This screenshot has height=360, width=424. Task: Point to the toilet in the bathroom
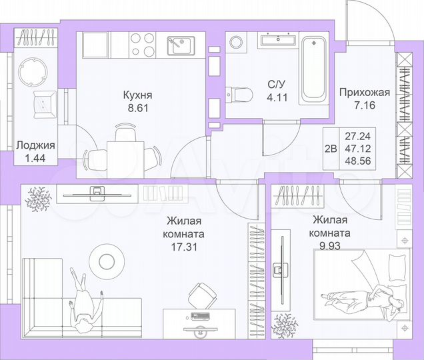[240, 95]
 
